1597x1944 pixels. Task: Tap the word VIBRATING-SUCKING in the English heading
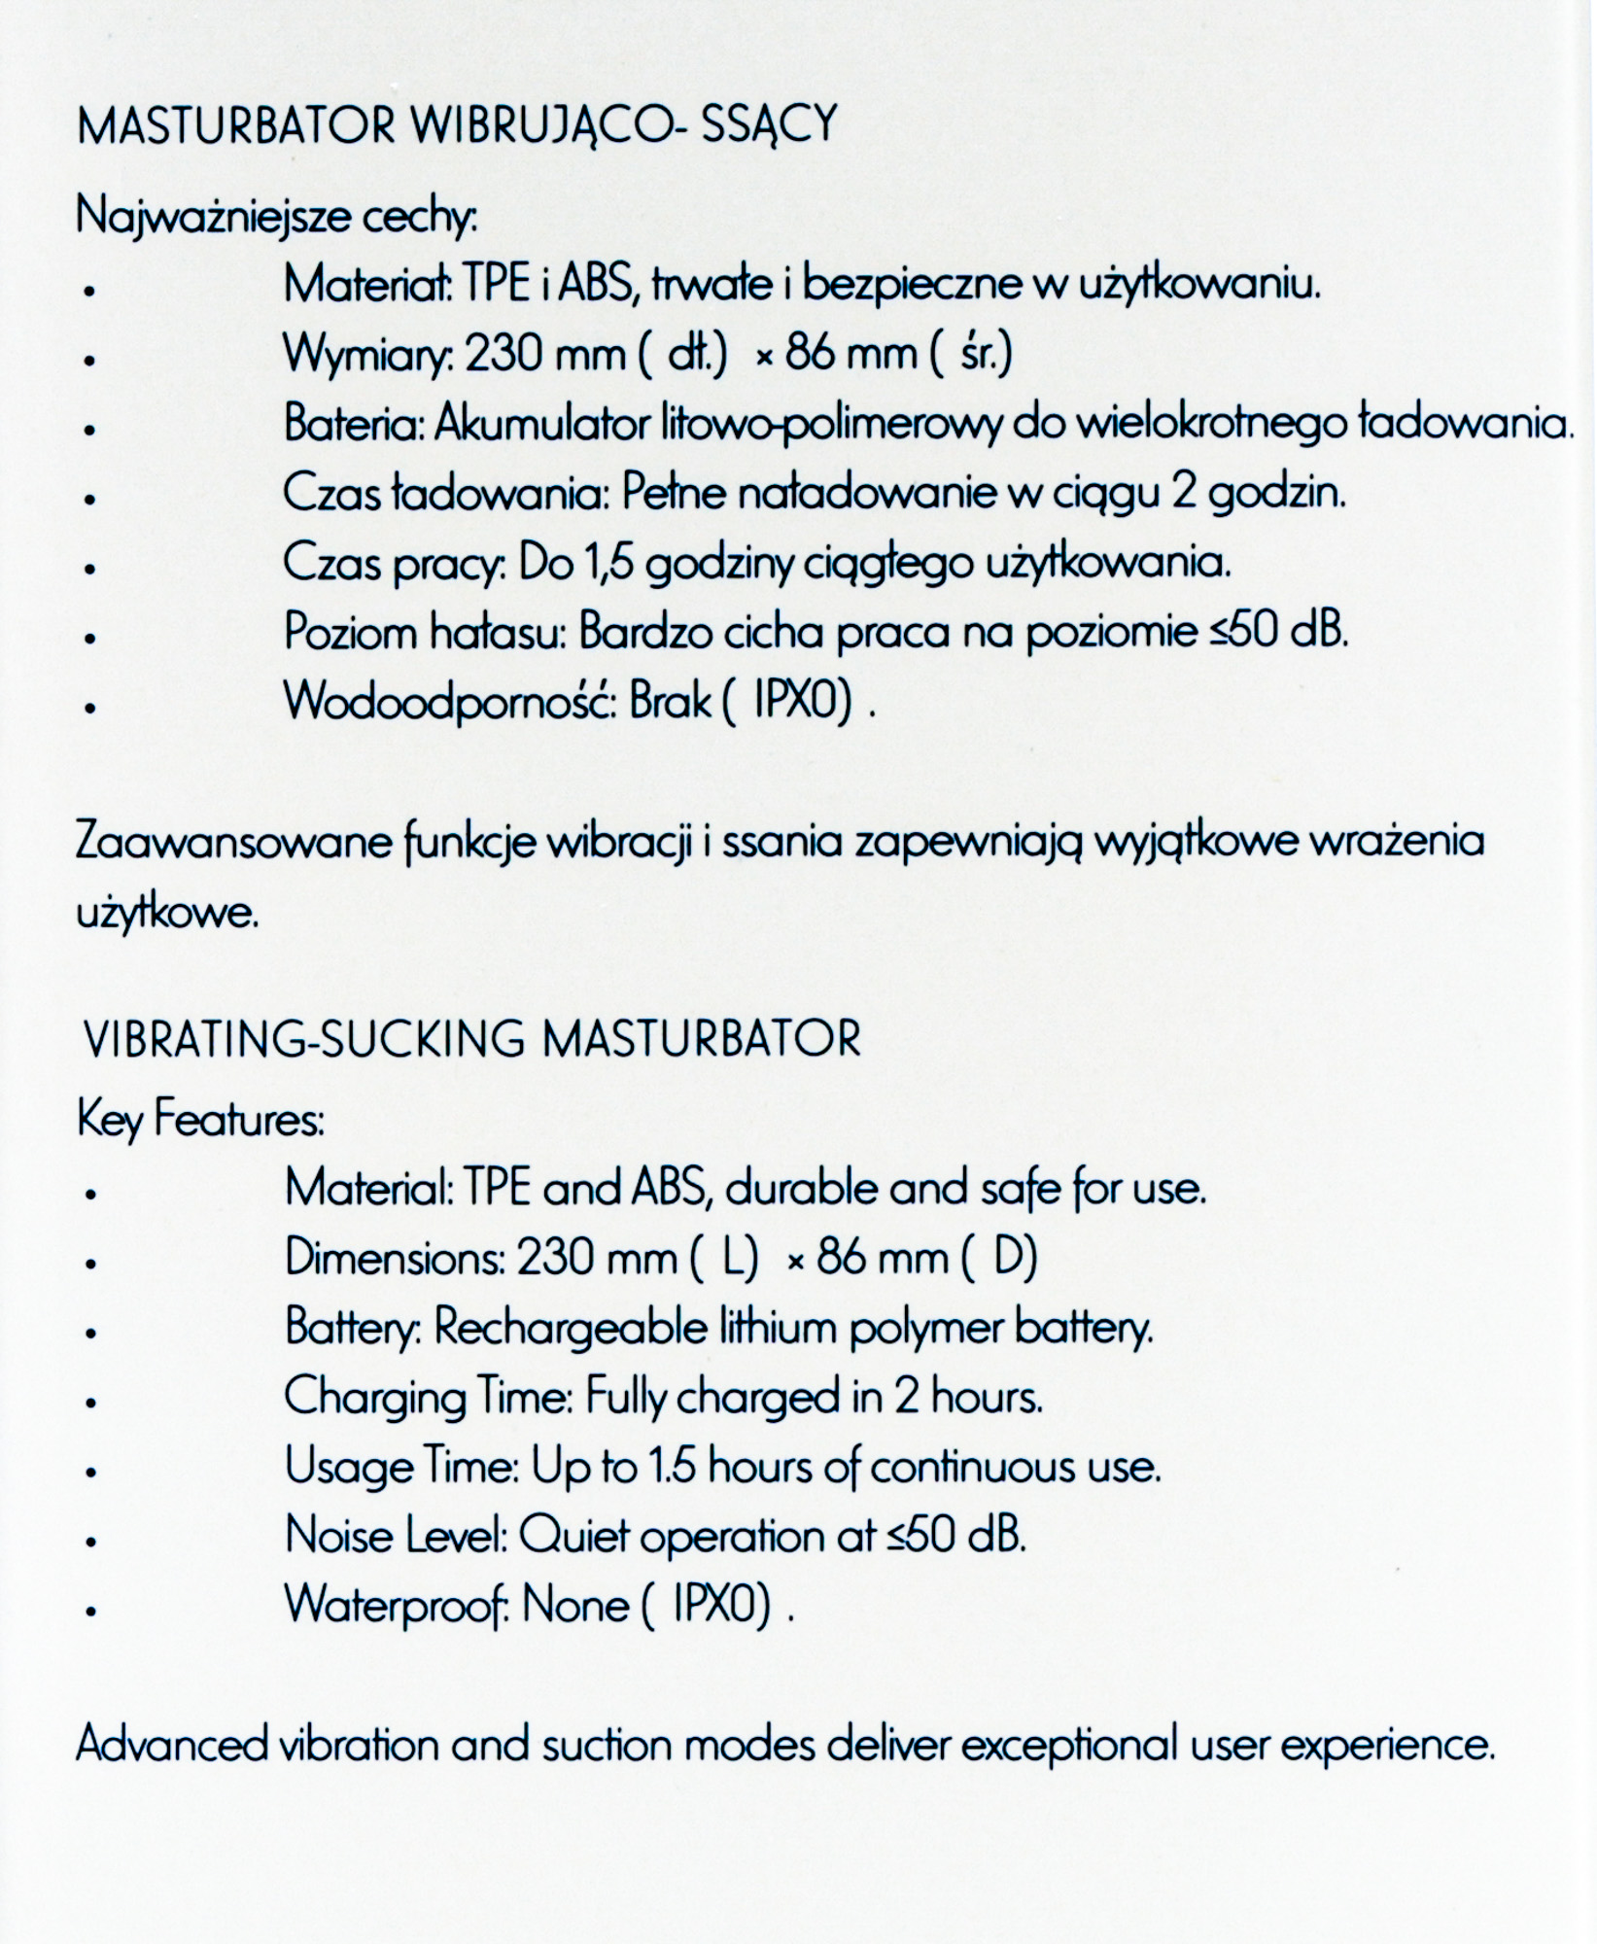(304, 1039)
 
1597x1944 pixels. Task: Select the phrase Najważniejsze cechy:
(277, 217)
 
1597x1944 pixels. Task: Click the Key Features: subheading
(200, 1120)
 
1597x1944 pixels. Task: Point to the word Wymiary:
(368, 355)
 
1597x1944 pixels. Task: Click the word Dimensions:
(394, 1259)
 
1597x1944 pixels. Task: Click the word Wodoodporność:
(449, 701)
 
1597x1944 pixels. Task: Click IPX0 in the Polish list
(794, 701)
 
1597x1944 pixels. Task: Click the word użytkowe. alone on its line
(167, 914)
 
